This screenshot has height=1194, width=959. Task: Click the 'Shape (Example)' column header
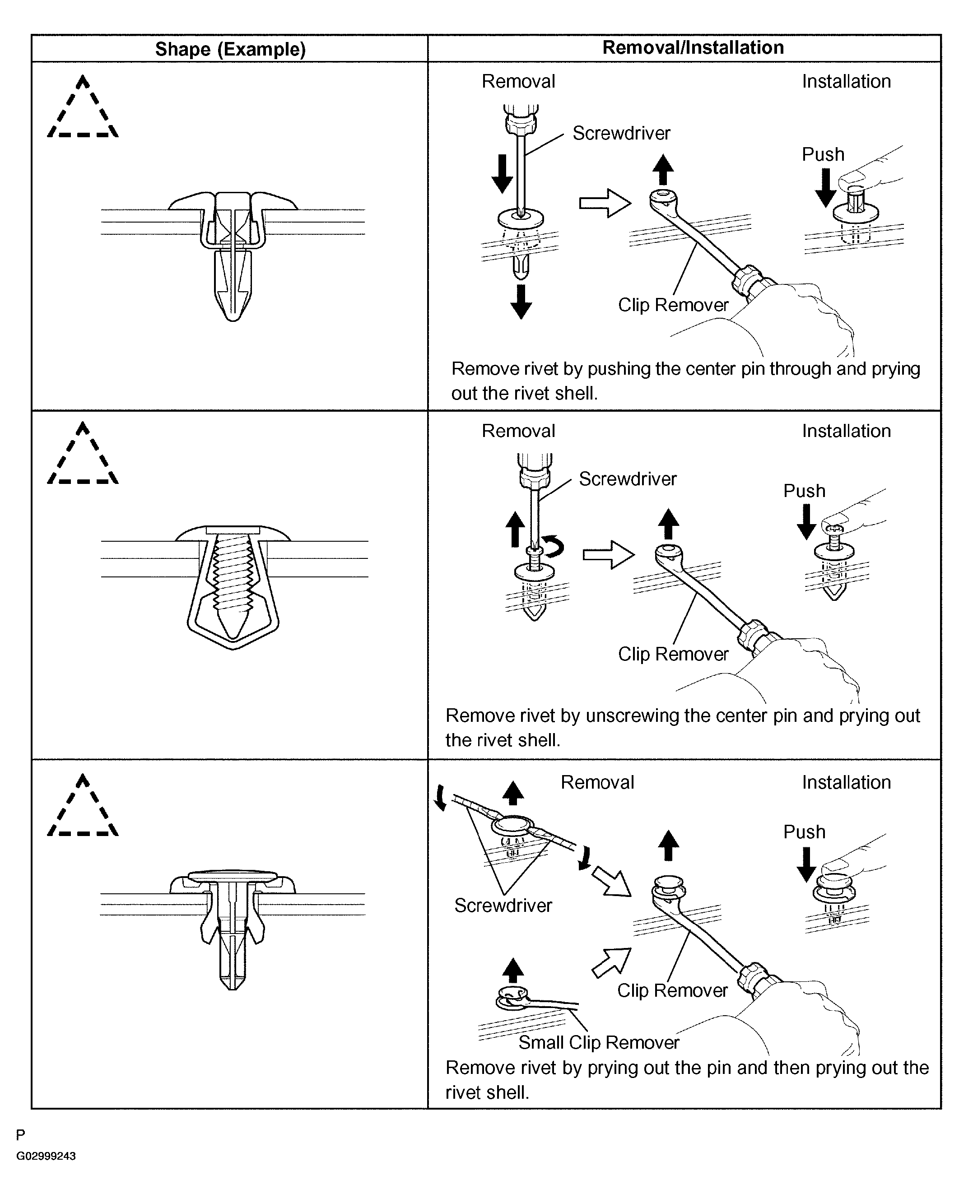230,49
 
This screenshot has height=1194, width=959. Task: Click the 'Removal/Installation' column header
693,48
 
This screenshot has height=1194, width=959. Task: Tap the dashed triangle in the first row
83,108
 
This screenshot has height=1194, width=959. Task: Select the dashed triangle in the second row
83,455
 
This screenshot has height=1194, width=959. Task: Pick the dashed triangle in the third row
83,806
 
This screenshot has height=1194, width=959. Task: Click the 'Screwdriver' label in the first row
621,134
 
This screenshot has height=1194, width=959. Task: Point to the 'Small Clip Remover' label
598,1042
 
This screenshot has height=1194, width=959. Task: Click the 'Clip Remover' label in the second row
673,654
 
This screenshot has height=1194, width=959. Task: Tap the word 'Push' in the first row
823,154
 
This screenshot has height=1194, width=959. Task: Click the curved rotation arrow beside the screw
554,547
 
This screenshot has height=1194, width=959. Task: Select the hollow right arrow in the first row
605,203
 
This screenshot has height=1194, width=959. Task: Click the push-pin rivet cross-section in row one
233,255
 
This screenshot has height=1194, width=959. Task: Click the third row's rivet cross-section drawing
233,928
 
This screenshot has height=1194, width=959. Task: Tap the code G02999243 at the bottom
46,1156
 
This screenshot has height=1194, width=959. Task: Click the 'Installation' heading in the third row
846,782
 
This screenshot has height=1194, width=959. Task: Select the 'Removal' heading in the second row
518,431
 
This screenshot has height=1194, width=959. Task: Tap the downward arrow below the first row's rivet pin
521,302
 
